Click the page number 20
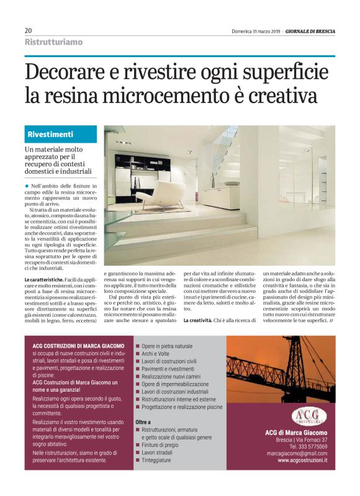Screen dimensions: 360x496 point(28,30)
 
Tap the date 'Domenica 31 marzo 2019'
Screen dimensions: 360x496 point(256,30)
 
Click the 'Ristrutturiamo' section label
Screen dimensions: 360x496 point(53,42)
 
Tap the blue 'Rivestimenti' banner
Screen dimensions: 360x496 point(62,134)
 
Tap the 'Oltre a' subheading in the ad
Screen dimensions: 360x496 point(143,422)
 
